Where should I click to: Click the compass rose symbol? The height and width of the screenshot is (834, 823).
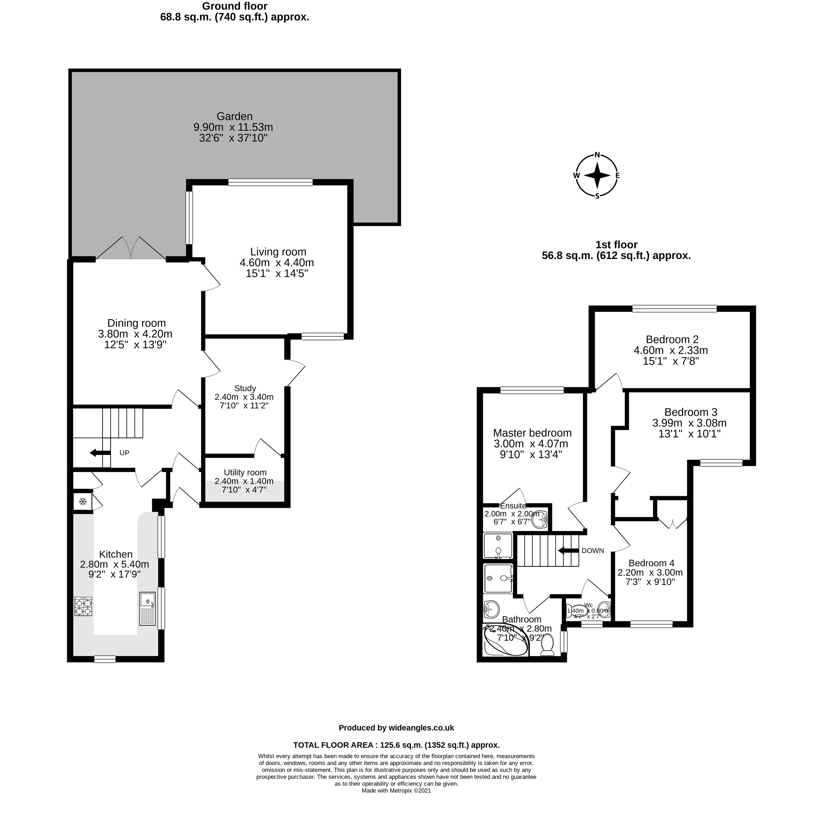click(597, 175)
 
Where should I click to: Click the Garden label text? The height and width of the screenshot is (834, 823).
click(234, 116)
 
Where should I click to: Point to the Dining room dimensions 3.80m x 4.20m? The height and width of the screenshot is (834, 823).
click(135, 334)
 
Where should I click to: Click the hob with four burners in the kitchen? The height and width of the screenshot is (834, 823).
click(83, 606)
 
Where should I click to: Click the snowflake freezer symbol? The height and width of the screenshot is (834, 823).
click(82, 501)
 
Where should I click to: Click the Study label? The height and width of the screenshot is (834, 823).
click(245, 388)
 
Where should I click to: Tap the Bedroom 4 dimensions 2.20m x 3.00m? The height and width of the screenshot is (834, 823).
click(650, 572)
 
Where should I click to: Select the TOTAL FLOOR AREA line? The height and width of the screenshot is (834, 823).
click(396, 745)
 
